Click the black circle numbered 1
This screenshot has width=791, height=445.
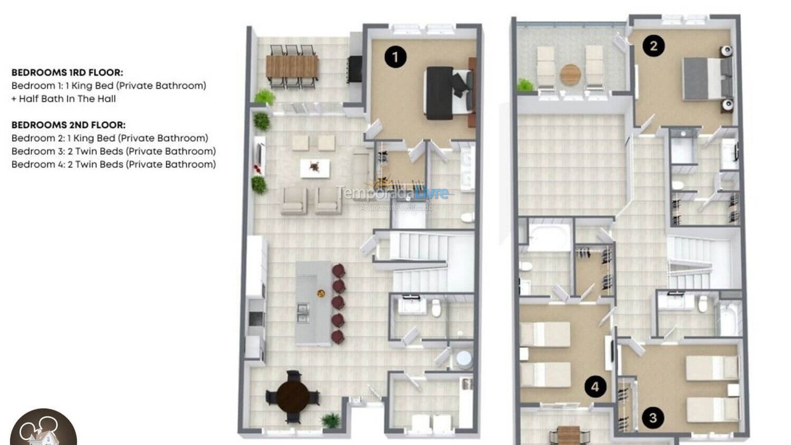[395, 57]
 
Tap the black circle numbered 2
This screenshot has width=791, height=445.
[653, 46]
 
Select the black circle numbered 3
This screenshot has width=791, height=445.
[653, 418]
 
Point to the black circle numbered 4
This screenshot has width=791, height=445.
[595, 388]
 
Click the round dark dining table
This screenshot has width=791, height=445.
[292, 397]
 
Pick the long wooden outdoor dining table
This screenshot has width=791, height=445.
[292, 67]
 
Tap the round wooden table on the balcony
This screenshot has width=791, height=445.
[570, 75]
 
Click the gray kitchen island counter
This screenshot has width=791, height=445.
[313, 303]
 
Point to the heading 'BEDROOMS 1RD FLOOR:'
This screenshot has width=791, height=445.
[67, 72]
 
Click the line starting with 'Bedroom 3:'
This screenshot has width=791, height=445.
[114, 151]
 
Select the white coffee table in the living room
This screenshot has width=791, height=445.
[315, 168]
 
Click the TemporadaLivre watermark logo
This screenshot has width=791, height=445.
[393, 193]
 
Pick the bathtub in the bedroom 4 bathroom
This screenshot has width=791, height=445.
[548, 238]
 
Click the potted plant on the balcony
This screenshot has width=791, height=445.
[525, 85]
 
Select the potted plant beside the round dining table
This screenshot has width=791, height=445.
[331, 421]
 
